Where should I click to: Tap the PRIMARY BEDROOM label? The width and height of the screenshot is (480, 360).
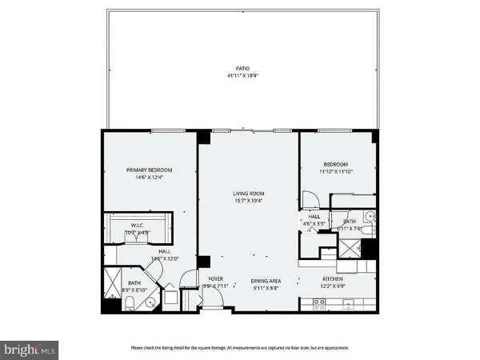tap(150, 170)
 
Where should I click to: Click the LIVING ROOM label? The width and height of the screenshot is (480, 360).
tap(248, 194)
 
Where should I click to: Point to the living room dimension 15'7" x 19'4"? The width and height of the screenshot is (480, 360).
tap(248, 200)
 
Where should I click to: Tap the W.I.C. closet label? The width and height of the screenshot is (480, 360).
tap(137, 226)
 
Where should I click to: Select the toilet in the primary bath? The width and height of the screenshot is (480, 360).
tap(129, 302)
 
